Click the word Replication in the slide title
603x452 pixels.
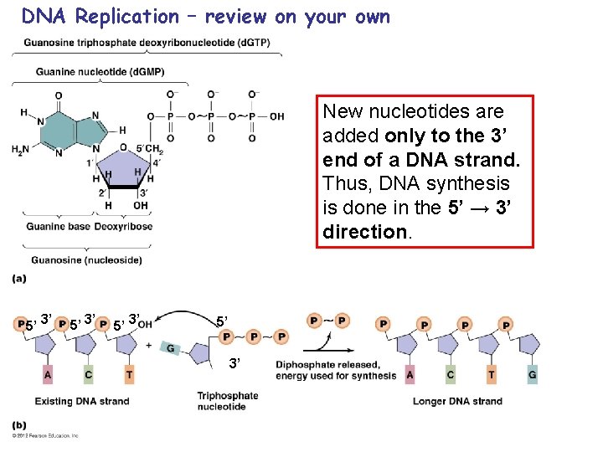(126, 17)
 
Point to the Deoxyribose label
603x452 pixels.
(123, 226)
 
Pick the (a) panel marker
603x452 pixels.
(19, 278)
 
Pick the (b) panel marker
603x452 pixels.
(19, 425)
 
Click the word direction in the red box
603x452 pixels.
(365, 232)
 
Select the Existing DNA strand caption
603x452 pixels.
(82, 401)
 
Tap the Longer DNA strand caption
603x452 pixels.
(457, 401)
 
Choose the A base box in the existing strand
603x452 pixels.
(48, 375)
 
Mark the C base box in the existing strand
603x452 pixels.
(88, 375)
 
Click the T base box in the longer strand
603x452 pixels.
(492, 375)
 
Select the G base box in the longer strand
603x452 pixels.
(532, 375)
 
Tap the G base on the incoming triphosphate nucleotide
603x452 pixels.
(171, 347)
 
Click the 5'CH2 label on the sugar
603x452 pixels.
(151, 150)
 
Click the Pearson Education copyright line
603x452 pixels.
(46, 436)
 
